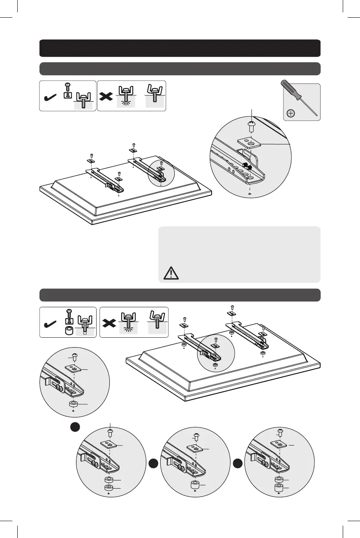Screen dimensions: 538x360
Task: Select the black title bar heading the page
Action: [x=180, y=48]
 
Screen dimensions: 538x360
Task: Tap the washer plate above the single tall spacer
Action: [x=194, y=448]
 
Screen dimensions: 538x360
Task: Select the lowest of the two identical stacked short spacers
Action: [x=108, y=488]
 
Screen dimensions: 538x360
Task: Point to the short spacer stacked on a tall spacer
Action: [x=279, y=479]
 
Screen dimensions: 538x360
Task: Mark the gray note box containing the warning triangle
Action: [x=239, y=254]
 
